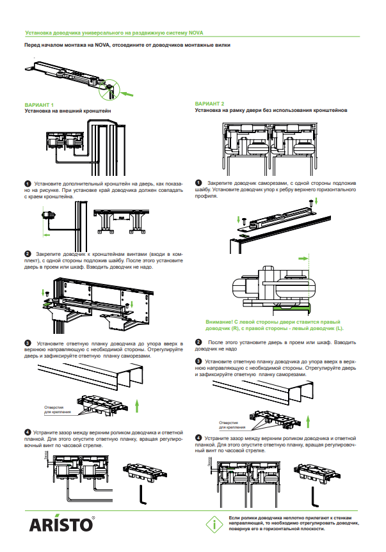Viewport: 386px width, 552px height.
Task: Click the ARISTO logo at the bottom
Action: tap(62, 524)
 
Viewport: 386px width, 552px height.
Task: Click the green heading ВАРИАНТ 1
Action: tap(39, 104)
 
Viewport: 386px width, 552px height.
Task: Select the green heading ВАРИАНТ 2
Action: tap(210, 104)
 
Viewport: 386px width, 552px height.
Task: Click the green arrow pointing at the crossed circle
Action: tap(129, 93)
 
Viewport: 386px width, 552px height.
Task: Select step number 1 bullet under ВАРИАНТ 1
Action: tap(28, 184)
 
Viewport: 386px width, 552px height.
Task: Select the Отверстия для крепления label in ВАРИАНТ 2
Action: tap(231, 425)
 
